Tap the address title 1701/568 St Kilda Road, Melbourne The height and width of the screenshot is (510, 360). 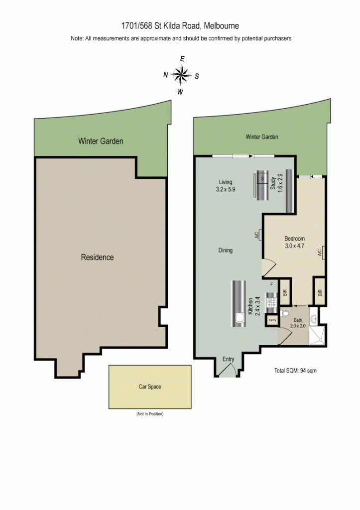tap(180, 26)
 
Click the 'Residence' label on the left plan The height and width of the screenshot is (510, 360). tap(97, 257)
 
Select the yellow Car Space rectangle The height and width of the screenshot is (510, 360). tap(150, 386)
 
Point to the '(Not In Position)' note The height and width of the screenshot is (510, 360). tap(150, 414)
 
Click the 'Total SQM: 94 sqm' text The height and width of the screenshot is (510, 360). tap(295, 371)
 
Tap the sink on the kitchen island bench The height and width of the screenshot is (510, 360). tap(239, 317)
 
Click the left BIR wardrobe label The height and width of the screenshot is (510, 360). tap(284, 293)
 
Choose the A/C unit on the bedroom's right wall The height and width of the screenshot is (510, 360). tap(320, 253)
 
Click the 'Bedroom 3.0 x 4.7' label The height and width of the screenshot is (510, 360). tap(294, 242)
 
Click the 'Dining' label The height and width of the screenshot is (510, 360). tap(225, 251)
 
